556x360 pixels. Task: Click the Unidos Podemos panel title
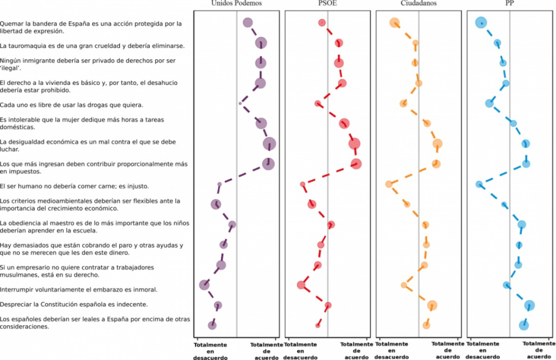[237, 3]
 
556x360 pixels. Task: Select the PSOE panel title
[327, 3]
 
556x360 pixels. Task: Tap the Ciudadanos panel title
[419, 3]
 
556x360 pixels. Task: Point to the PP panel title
[509, 3]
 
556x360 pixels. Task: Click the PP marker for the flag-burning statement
[481, 22]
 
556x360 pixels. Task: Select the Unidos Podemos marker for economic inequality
[269, 143]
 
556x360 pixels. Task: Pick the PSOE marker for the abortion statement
[301, 285]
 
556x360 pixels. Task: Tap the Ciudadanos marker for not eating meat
[389, 184]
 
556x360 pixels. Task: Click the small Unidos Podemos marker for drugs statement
[240, 103]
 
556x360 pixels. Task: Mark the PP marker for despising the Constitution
[529, 305]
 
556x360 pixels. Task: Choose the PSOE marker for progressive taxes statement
[356, 163]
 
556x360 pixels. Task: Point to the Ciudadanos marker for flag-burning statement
[395, 23]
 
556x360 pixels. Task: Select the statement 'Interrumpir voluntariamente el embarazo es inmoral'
[79, 289]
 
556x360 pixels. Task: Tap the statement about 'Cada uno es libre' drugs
[72, 104]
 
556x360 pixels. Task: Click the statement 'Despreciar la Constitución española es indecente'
[80, 304]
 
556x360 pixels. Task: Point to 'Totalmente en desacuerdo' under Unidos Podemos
[210, 350]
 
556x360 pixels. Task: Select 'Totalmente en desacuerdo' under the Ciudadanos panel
[392, 350]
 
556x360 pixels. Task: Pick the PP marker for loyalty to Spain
[523, 325]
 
